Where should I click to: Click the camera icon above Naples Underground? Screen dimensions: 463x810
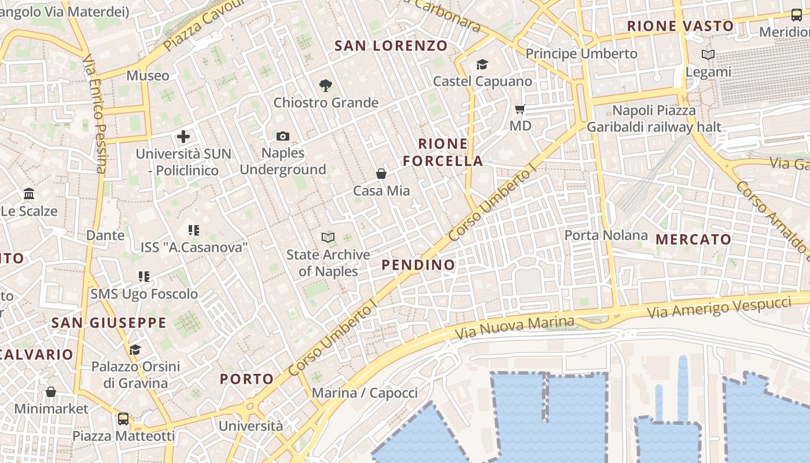point(282,137)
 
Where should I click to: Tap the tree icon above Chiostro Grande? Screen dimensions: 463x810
point(326,86)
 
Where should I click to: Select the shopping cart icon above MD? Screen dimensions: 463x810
point(520,109)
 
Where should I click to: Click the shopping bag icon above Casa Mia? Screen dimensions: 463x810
point(381,174)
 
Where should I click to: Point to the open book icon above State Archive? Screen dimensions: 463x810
point(328,237)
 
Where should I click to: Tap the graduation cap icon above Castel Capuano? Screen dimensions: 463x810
point(482,64)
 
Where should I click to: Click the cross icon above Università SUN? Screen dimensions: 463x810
point(183,137)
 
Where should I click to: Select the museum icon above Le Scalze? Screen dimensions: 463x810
point(29,194)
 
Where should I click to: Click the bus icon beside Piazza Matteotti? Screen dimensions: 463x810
point(123,419)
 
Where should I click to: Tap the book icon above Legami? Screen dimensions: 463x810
point(708,55)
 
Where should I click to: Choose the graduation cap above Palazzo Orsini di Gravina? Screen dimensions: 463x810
point(135,350)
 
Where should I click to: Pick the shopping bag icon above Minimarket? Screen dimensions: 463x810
point(51,392)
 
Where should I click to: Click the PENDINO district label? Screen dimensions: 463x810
point(418,265)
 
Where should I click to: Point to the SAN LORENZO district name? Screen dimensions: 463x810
point(391,46)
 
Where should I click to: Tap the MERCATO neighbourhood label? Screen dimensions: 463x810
point(693,239)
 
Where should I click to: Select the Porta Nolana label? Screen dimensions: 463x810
point(606,235)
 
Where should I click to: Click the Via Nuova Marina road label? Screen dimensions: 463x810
point(514,328)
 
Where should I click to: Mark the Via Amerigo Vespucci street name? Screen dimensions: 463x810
point(719,307)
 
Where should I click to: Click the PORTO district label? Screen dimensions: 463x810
point(246,379)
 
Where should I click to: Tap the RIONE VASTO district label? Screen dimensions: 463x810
point(680,26)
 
